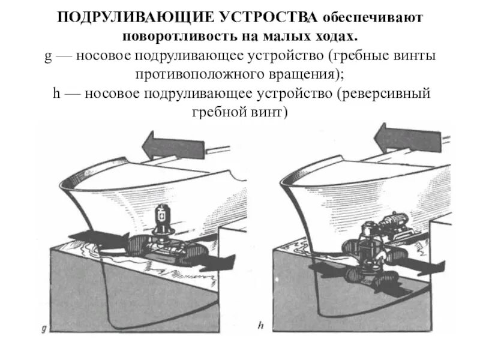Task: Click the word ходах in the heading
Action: [337, 36]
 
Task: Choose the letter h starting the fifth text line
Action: [54, 94]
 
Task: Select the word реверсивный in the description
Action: [388, 94]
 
